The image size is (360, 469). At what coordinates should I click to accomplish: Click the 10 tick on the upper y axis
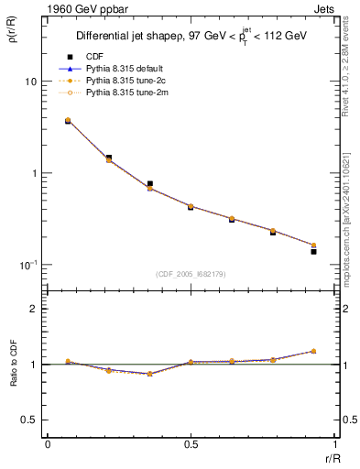(x=30, y=82)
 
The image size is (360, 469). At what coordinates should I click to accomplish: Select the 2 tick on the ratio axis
(x=33, y=309)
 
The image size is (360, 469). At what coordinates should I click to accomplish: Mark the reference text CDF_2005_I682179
(x=190, y=274)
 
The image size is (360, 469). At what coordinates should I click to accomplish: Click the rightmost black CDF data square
(x=313, y=251)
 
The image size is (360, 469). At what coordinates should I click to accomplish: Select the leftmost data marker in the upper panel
(x=68, y=120)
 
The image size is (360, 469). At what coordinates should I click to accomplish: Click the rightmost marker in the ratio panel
(x=313, y=351)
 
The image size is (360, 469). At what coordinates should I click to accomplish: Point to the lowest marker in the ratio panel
(x=149, y=374)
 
